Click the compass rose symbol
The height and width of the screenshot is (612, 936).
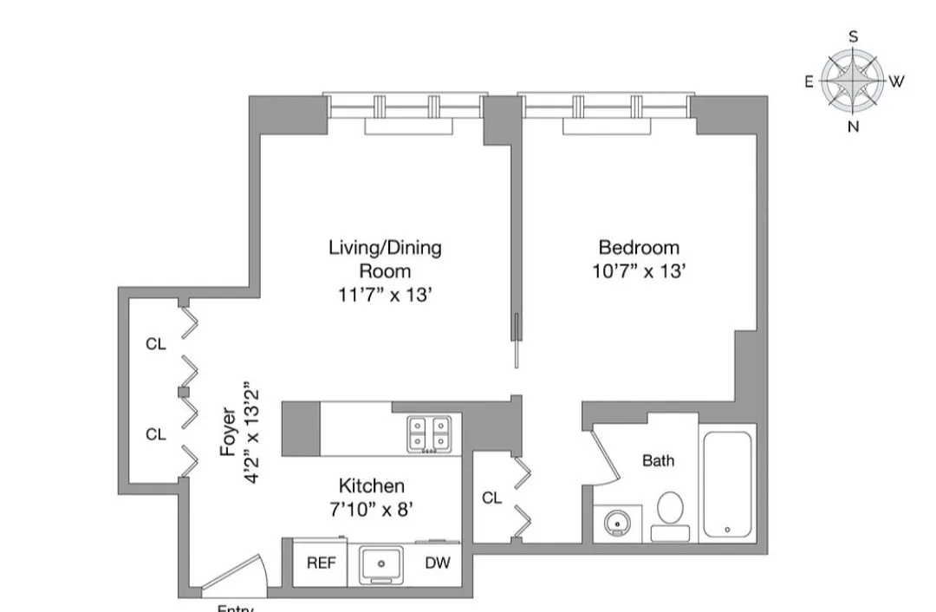(853, 81)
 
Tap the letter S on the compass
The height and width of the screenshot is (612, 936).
(854, 36)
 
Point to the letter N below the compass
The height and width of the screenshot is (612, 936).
(854, 127)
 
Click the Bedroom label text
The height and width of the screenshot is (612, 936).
(639, 248)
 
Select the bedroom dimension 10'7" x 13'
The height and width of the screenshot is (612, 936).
(639, 271)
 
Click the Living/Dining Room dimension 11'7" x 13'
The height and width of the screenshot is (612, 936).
(385, 295)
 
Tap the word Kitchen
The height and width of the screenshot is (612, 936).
(371, 485)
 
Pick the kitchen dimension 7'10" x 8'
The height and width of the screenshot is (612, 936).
(371, 509)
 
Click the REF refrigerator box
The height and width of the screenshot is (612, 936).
(321, 563)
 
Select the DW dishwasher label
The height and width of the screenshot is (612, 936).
(438, 563)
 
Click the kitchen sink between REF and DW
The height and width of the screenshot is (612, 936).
(381, 564)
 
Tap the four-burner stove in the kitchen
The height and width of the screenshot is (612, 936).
(431, 433)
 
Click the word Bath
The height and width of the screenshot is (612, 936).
(658, 461)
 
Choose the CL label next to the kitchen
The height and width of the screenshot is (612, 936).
(491, 498)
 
